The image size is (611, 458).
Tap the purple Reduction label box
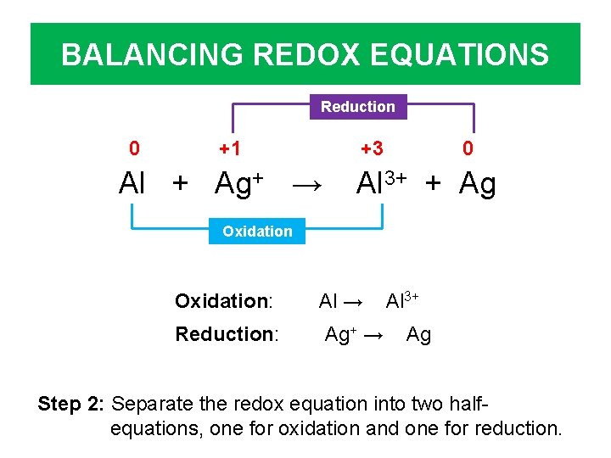click(x=357, y=107)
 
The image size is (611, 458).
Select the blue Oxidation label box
click(x=256, y=231)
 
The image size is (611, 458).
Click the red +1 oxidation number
click(x=229, y=149)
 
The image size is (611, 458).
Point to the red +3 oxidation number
click(x=371, y=149)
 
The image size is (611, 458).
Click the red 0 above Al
click(x=134, y=149)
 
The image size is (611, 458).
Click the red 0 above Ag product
click(x=468, y=149)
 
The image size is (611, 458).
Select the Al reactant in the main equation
click(x=132, y=183)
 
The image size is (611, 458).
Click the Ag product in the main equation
click(x=477, y=184)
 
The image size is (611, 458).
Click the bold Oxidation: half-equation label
click(x=223, y=301)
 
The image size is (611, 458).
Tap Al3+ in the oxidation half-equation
click(x=402, y=300)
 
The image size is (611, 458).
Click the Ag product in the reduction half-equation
click(x=418, y=336)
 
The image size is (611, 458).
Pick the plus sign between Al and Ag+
click(x=181, y=184)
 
